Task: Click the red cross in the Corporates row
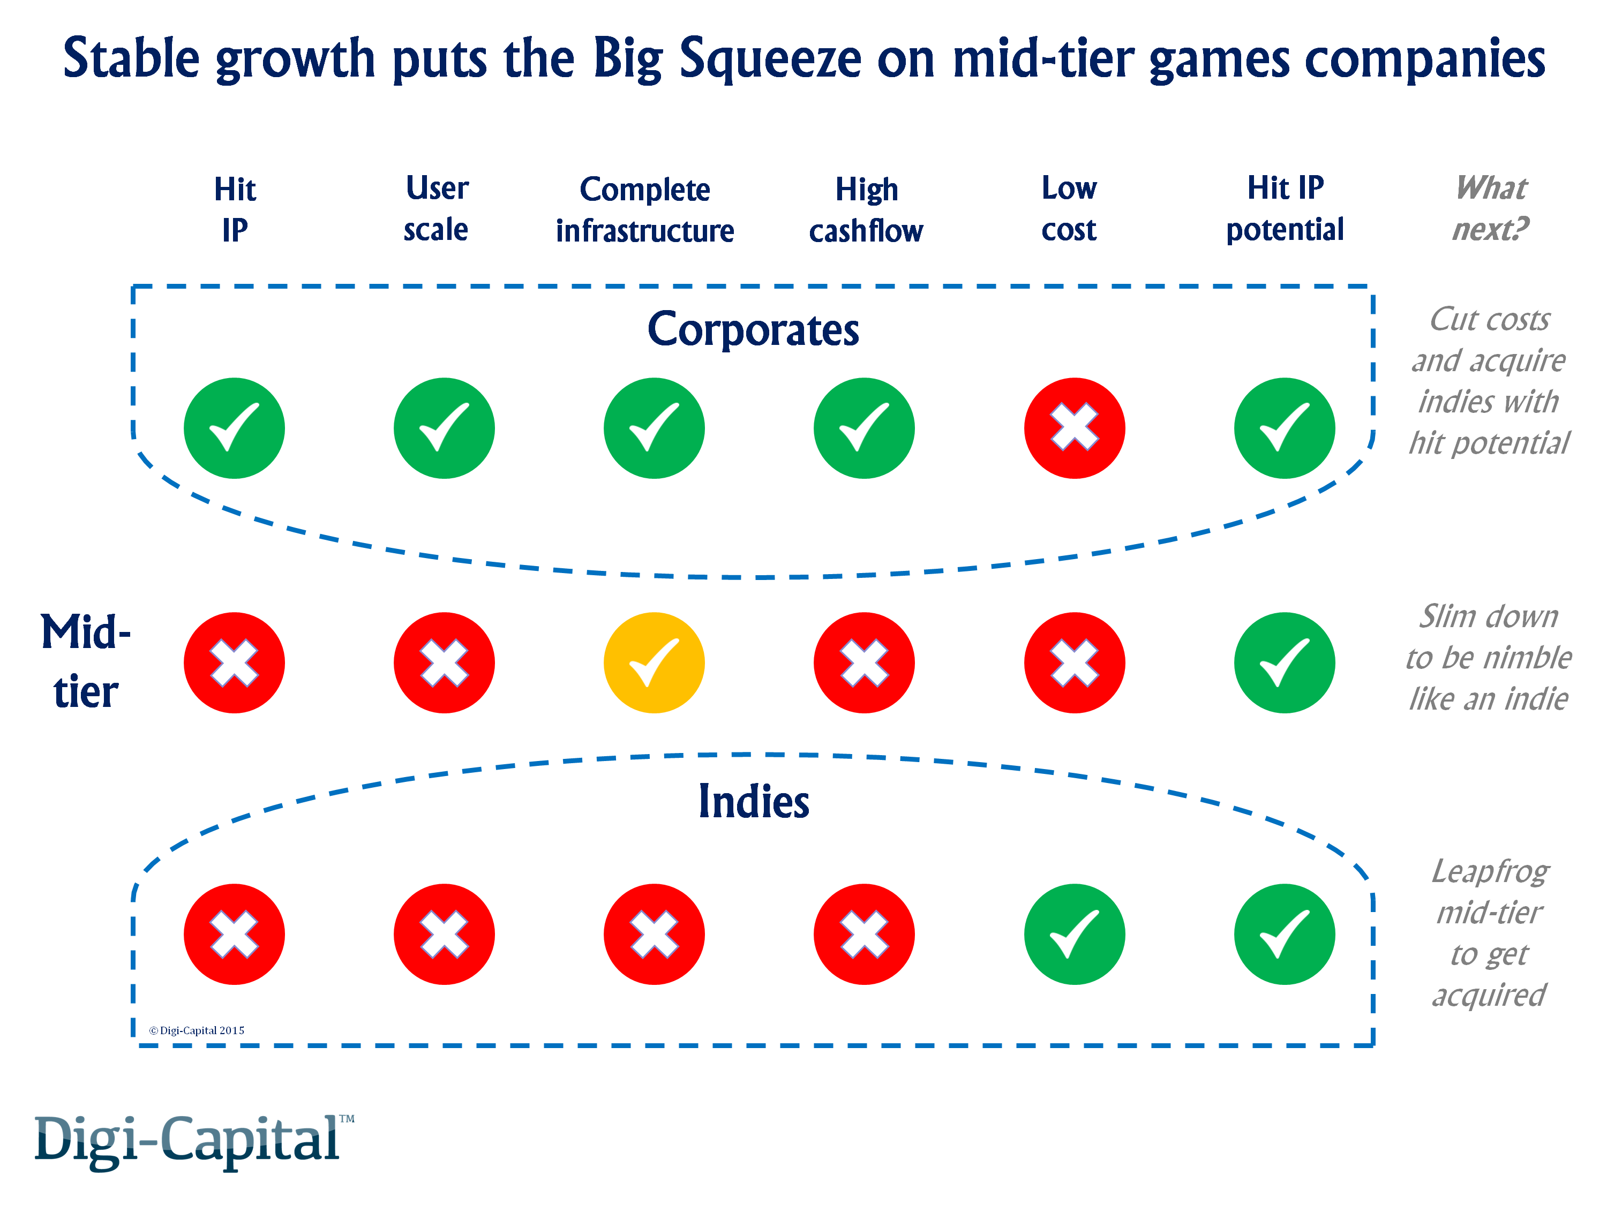pos(1074,428)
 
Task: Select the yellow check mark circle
pos(654,662)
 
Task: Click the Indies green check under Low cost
pos(1074,934)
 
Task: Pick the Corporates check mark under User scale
pos(444,428)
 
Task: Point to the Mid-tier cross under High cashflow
pos(864,662)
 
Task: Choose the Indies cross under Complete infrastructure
pos(654,934)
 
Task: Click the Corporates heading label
pos(753,330)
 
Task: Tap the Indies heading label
pos(753,801)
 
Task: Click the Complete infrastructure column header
pos(644,210)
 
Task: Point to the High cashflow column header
pos(866,210)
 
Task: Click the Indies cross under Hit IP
pos(234,934)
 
